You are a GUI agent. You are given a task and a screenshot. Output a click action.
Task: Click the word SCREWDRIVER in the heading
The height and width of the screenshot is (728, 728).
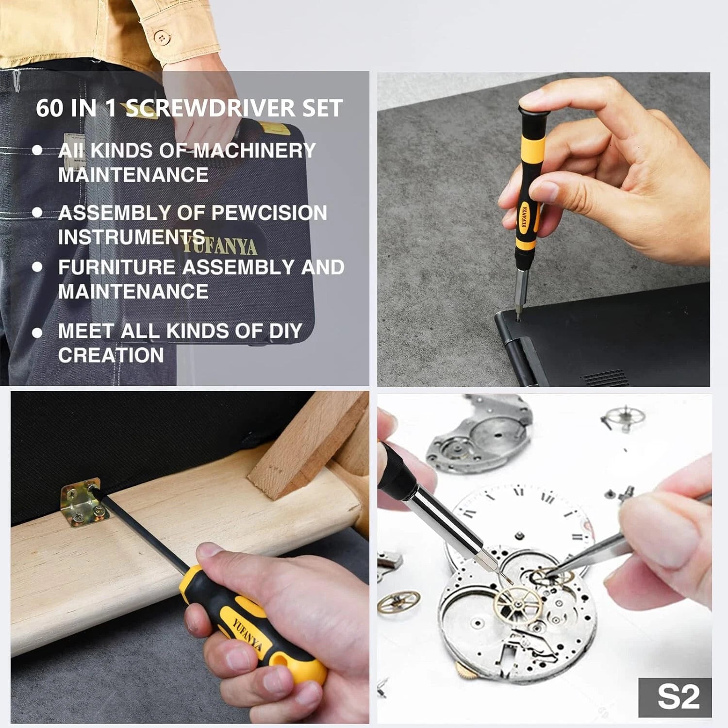[210, 108]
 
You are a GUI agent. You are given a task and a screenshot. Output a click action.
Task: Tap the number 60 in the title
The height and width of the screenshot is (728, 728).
[50, 108]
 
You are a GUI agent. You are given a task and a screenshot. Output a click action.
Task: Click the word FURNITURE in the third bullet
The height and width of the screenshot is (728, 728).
[116, 267]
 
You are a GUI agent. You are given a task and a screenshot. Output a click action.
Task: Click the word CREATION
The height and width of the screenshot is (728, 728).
[111, 355]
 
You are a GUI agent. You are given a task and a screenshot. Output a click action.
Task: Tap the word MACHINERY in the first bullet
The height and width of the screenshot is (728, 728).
[254, 150]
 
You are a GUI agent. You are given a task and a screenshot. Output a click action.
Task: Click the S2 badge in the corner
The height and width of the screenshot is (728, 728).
[678, 697]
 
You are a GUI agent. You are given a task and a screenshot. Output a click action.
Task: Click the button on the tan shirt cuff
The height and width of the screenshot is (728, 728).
[162, 37]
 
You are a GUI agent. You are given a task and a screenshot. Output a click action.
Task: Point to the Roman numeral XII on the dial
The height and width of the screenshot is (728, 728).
[547, 497]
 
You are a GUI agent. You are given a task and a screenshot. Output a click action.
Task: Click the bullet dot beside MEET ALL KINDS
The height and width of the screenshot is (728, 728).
[37, 333]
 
